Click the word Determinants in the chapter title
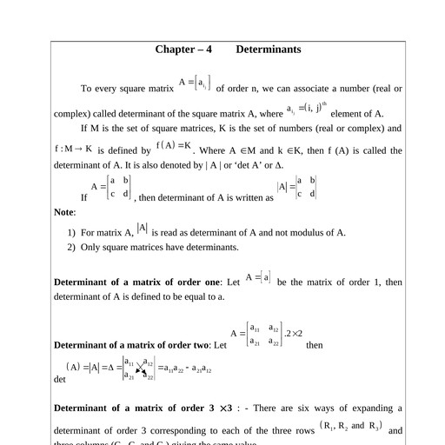point(269,50)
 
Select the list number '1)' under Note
point(71,233)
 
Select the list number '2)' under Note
point(71,248)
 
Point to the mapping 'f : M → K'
point(73,149)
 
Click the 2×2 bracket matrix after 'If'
point(119,187)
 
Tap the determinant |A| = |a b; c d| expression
point(296,187)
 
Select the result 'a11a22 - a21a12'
point(186,369)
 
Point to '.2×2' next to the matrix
point(293,334)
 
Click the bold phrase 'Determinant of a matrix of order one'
point(137,282)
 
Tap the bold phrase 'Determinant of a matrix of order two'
point(138,345)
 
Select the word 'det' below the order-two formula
point(60,380)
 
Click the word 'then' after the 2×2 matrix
point(314,345)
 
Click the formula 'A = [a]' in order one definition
point(258,277)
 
